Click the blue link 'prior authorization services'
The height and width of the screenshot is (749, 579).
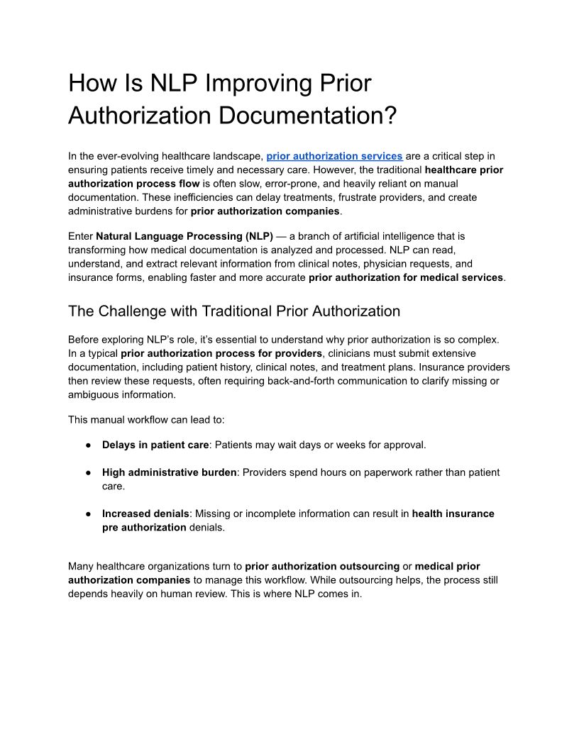(334, 156)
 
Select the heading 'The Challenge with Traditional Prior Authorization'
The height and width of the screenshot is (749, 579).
(233, 311)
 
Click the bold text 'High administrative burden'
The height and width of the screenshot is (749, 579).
(169, 472)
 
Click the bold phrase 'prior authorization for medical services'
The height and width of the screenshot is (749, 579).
(405, 277)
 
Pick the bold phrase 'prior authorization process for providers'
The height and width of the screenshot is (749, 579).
(221, 353)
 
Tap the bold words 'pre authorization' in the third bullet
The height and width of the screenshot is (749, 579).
(143, 527)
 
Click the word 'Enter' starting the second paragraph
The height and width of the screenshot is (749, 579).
(80, 236)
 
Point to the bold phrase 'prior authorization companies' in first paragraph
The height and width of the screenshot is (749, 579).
(265, 211)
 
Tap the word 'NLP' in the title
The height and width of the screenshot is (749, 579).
(174, 83)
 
